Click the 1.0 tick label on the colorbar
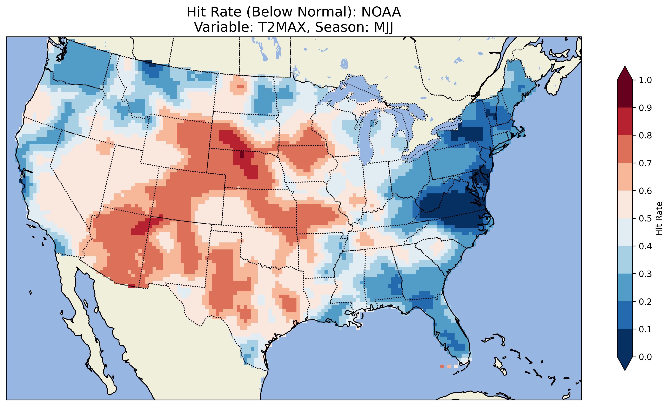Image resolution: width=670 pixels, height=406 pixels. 645,80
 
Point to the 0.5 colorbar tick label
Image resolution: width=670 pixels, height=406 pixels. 645,219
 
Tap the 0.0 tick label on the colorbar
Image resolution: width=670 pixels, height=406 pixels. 645,357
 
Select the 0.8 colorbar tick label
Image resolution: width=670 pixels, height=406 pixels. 645,135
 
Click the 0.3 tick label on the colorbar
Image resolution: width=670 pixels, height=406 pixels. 645,274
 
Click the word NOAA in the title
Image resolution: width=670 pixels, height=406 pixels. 381,12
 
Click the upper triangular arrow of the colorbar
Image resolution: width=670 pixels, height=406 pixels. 625,73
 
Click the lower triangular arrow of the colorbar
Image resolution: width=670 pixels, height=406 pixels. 625,364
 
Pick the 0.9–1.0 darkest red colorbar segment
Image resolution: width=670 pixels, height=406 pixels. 625,94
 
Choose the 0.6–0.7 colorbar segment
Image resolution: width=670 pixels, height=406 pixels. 625,177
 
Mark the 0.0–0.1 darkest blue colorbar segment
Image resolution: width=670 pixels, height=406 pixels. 625,343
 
